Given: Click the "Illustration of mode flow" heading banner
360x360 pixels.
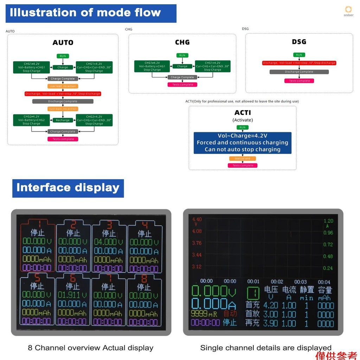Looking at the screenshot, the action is pyautogui.click(x=91, y=13).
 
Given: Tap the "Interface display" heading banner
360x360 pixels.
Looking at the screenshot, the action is pyautogui.click(x=68, y=188).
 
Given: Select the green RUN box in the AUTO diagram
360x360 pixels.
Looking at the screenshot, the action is pyautogui.click(x=63, y=56).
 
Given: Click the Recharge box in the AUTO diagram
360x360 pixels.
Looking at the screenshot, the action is pyautogui.click(x=63, y=120).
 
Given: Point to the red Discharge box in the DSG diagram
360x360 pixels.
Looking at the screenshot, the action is pyautogui.click(x=299, y=63).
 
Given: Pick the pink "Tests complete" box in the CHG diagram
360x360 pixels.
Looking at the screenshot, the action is pyautogui.click(x=182, y=85).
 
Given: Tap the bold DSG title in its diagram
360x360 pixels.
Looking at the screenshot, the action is pyautogui.click(x=299, y=42).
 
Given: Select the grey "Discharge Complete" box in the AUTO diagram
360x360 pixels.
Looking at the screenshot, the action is pyautogui.click(x=63, y=101).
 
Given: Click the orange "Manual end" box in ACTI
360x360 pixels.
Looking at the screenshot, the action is pyautogui.click(x=243, y=159).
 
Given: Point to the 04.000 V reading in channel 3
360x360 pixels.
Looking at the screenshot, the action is pyautogui.click(x=109, y=242).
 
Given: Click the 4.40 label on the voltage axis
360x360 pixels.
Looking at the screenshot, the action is pyautogui.click(x=197, y=220).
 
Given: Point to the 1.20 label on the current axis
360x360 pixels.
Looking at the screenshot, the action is pyautogui.click(x=328, y=221).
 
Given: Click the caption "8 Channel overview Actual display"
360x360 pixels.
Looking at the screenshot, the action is pyautogui.click(x=90, y=348).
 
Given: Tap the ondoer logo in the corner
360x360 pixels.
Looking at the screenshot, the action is pyautogui.click(x=348, y=11).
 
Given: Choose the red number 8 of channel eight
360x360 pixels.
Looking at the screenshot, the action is pyautogui.click(x=144, y=278).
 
